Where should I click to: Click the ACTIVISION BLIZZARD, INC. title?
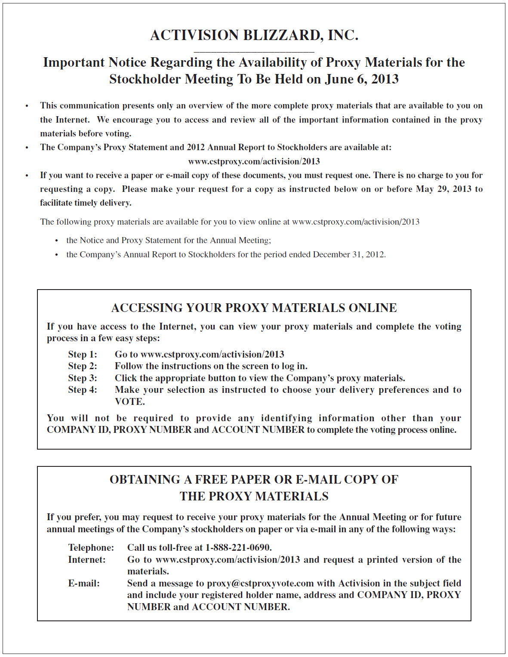pos(254,35)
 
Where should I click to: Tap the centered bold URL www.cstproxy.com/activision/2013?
pos(254,161)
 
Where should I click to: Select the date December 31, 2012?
pos(348,254)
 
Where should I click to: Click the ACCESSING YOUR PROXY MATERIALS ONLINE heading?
pos(254,308)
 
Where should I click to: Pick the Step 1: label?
pos(83,355)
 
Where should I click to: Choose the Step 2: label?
pos(83,366)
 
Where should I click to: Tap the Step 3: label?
pos(83,378)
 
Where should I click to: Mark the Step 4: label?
pos(83,390)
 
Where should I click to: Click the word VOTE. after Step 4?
pos(130,402)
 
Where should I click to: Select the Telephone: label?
pos(91,548)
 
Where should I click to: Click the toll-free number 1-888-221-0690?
pos(238,548)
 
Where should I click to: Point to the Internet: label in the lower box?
pos(87,560)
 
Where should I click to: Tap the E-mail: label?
pos(84,583)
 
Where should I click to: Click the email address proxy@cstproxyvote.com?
pos(260,583)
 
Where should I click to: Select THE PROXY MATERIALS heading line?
pos(254,497)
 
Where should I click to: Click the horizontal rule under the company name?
pos(254,52)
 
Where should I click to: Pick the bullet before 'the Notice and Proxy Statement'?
pos(57,241)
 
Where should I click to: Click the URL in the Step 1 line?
pos(212,355)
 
